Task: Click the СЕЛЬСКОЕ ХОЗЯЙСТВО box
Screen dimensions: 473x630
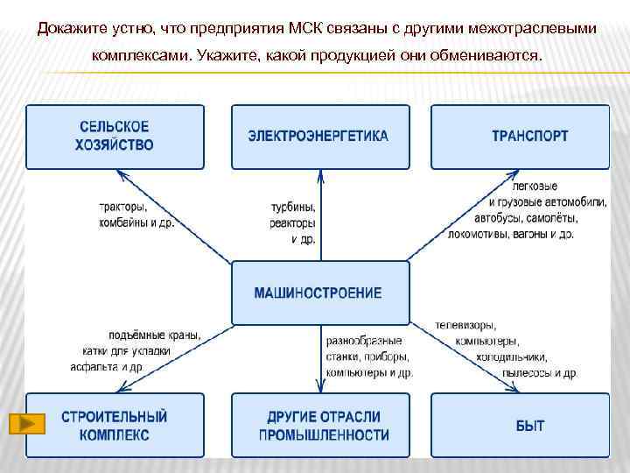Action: click(115, 137)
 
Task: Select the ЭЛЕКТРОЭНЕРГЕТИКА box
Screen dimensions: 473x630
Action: click(318, 137)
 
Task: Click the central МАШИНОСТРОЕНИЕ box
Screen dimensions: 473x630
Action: click(318, 293)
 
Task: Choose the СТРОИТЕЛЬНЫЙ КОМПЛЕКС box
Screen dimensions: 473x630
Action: click(115, 426)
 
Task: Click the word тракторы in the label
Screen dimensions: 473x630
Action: click(123, 207)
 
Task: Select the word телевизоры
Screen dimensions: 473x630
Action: click(466, 325)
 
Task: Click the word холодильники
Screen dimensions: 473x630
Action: click(511, 357)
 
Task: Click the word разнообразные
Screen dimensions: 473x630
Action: click(364, 340)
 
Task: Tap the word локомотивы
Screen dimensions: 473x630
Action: click(480, 234)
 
